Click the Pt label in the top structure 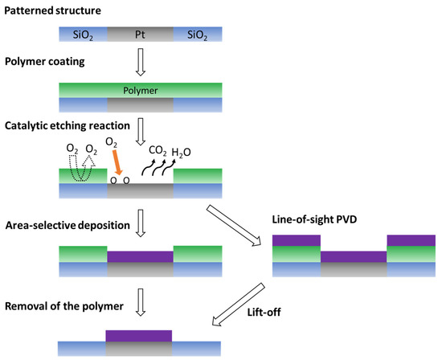(x=139, y=35)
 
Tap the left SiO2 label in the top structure (x=83, y=35)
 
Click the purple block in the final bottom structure (x=139, y=335)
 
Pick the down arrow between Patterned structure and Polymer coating (x=139, y=59)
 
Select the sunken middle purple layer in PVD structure (x=354, y=257)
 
